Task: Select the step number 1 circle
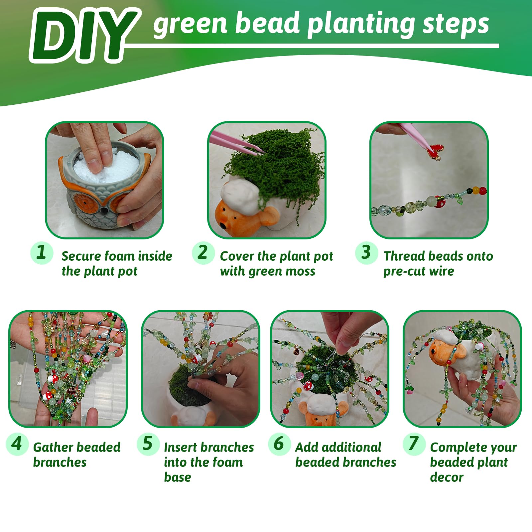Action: point(42,253)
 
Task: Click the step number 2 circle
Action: point(203,253)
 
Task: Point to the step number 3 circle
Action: point(366,253)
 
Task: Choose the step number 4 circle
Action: point(17,444)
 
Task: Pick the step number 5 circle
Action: point(148,444)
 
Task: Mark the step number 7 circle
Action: point(414,444)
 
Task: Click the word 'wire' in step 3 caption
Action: point(441,271)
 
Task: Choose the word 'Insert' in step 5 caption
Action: point(182,447)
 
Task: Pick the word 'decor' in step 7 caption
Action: point(447,477)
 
